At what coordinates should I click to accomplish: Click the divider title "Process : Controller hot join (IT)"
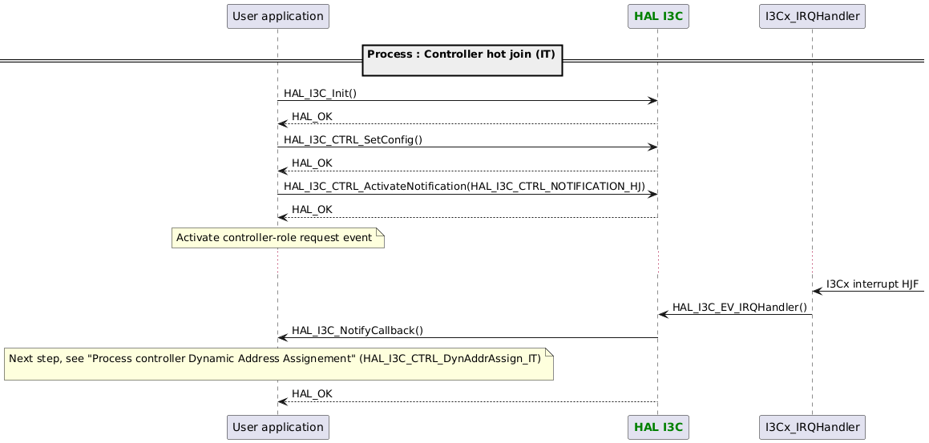[461, 54]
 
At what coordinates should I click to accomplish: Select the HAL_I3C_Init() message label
[320, 93]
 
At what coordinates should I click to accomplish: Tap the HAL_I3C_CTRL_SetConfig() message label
[353, 139]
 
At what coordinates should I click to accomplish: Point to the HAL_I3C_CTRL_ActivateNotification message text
[464, 186]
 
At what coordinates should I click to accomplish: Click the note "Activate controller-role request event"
[277, 238]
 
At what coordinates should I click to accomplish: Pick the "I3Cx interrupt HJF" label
[872, 284]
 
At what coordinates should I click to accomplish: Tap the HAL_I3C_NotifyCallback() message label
[357, 330]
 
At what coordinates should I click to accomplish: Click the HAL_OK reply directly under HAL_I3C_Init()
[312, 116]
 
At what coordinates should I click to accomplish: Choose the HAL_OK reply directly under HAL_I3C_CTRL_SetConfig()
[312, 163]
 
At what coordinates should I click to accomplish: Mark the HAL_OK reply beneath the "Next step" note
[312, 393]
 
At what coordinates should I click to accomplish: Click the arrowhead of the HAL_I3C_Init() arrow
[652, 100]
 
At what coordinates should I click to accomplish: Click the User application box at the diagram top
[278, 15]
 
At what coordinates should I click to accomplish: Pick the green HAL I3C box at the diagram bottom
[657, 428]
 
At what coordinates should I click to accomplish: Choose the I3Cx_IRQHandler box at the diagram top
[812, 15]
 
